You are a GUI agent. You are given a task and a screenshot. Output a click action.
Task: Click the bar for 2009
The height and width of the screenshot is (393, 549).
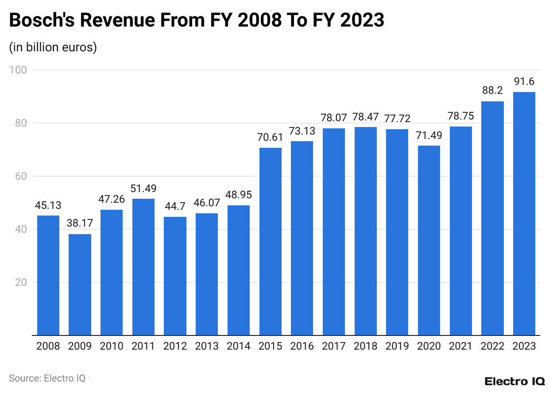point(80,285)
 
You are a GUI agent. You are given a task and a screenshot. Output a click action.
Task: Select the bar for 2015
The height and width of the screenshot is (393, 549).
point(271,241)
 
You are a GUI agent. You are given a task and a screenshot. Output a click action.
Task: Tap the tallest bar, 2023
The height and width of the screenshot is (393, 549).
point(524,213)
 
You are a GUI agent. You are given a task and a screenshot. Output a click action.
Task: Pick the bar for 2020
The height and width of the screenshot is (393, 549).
point(429,240)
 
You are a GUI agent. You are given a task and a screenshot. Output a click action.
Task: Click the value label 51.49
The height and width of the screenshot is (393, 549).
point(143,189)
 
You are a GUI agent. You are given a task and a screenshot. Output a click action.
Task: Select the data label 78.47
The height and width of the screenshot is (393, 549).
point(366,117)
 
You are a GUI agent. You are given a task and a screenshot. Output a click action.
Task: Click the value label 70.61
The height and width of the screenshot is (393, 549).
point(270,138)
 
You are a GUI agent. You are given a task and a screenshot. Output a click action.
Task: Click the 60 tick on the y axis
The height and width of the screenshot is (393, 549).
point(20,176)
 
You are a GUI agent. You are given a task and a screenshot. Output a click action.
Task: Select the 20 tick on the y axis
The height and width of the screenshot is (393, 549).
point(20,282)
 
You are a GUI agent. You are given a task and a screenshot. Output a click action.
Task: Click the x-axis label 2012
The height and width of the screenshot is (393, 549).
point(175,346)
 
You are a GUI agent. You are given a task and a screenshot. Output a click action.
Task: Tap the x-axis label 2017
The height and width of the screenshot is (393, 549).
point(334,346)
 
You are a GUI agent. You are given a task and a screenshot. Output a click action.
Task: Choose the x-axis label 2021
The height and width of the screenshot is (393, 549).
point(461,346)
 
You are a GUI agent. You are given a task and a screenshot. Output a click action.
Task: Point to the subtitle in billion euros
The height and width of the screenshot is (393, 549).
point(53,47)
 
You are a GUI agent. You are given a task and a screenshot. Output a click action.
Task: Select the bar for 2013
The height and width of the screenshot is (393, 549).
point(207,274)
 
